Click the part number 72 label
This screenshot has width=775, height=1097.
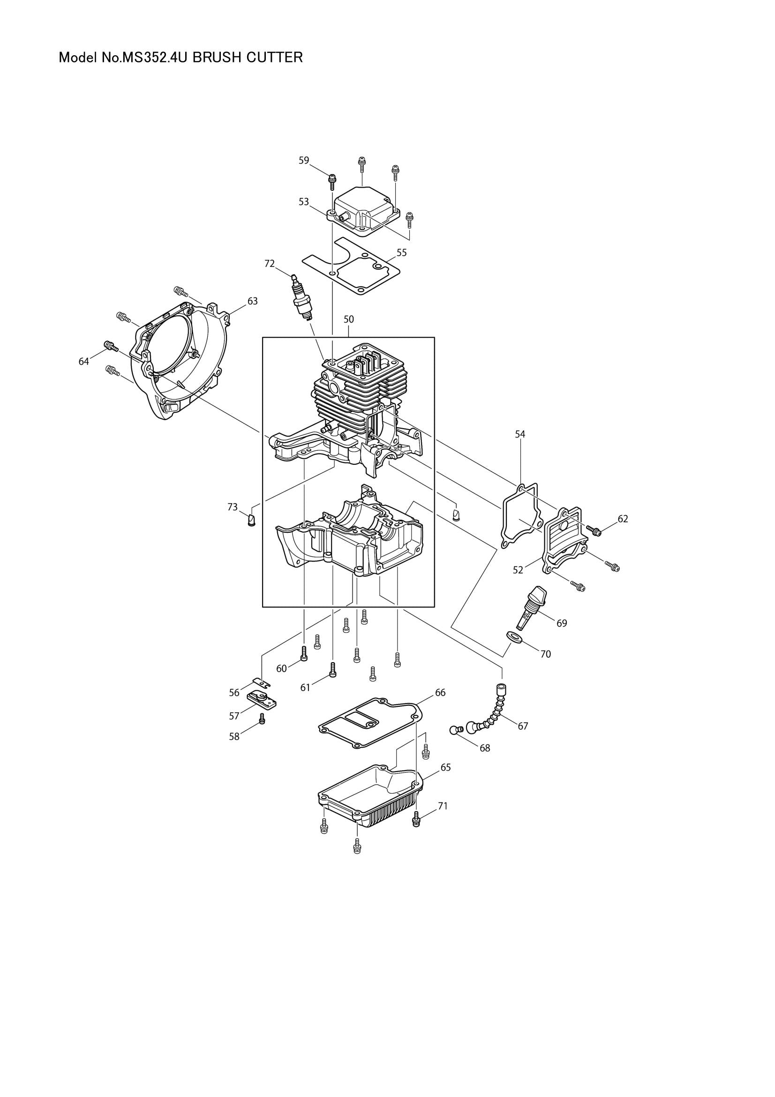270,263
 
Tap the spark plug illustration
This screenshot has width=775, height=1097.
302,298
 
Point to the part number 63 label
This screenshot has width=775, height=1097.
253,301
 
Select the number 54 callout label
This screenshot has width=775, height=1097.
520,434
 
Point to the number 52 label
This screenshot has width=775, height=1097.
518,570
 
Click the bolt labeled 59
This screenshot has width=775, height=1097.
332,181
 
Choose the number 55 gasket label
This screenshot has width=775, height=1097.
402,253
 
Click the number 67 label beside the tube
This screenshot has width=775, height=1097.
523,726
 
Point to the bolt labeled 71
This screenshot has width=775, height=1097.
416,820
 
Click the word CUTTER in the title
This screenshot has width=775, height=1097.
275,58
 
